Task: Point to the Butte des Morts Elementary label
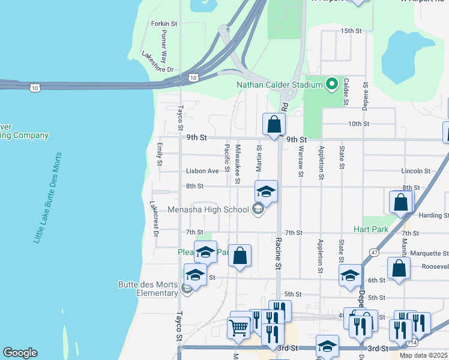pos(148,288)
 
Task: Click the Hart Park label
pos(372,229)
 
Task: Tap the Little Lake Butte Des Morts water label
pos(48,197)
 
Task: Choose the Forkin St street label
pos(164,23)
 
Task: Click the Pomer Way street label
pos(164,47)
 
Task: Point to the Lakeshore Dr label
pos(157,62)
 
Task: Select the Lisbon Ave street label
pos(202,171)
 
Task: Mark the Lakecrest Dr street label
pos(154,218)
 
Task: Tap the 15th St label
pos(351,31)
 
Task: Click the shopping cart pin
pos(239,328)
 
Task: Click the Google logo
pos(20,353)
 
